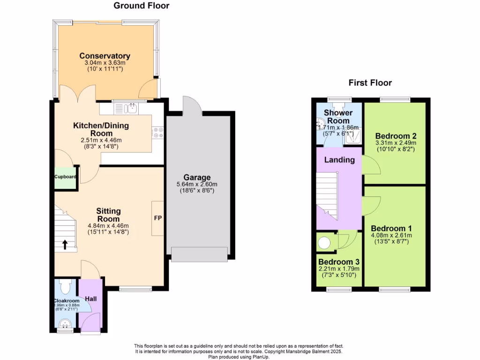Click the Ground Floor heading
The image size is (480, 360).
pos(141,6)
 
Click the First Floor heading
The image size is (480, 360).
pos(370,83)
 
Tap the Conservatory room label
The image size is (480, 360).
pos(105,56)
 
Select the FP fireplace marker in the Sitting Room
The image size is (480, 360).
pos(158,218)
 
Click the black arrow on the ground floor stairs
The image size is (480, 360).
pos(64,244)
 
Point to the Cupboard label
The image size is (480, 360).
pos(65,177)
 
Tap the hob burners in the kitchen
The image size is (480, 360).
pos(157,133)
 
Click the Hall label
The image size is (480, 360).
pos(90,298)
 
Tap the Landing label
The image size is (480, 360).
pos(339,160)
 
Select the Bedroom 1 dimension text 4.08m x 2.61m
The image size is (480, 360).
pos(391,235)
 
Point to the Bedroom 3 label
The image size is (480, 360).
pos(338,262)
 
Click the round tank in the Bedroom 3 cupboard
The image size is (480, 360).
pos(324,242)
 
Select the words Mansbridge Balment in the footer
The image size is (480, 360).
pos(307,352)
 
